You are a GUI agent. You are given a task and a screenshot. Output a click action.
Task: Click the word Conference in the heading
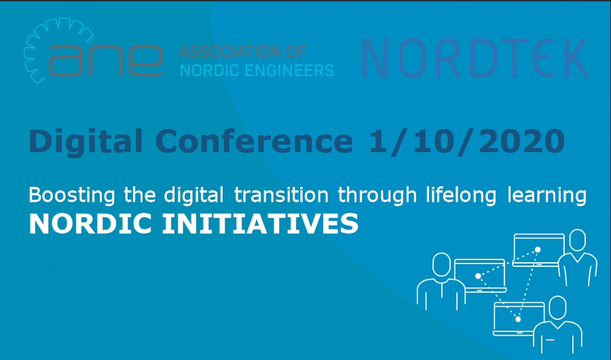[254, 141]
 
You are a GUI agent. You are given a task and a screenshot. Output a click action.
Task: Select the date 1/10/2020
[466, 141]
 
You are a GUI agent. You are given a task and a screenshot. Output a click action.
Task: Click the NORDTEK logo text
[475, 59]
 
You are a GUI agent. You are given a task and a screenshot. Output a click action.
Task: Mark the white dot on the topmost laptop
[538, 250]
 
